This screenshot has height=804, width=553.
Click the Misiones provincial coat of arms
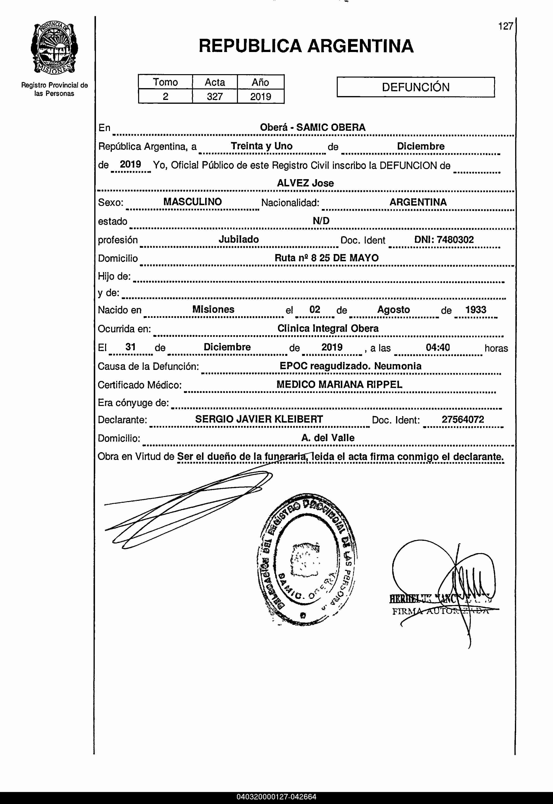[x=54, y=48]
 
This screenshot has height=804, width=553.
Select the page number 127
[x=505, y=26]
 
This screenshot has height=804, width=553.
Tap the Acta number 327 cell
[x=215, y=97]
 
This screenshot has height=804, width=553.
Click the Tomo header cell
[x=165, y=82]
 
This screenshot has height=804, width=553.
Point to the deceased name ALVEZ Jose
[x=305, y=183]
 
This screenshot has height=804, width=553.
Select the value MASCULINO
[x=192, y=202]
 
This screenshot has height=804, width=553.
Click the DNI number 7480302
[x=444, y=240]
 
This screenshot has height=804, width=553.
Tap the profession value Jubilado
[x=239, y=240]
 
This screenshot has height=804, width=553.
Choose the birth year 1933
[x=476, y=310]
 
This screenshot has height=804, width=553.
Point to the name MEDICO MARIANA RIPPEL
[x=339, y=385]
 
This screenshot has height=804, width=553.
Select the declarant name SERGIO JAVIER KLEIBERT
[x=259, y=419]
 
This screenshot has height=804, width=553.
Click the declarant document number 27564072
[x=463, y=419]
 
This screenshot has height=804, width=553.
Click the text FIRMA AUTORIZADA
[x=440, y=611]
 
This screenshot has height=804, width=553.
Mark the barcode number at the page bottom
[x=276, y=797]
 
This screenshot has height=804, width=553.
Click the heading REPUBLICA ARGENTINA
[x=306, y=46]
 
